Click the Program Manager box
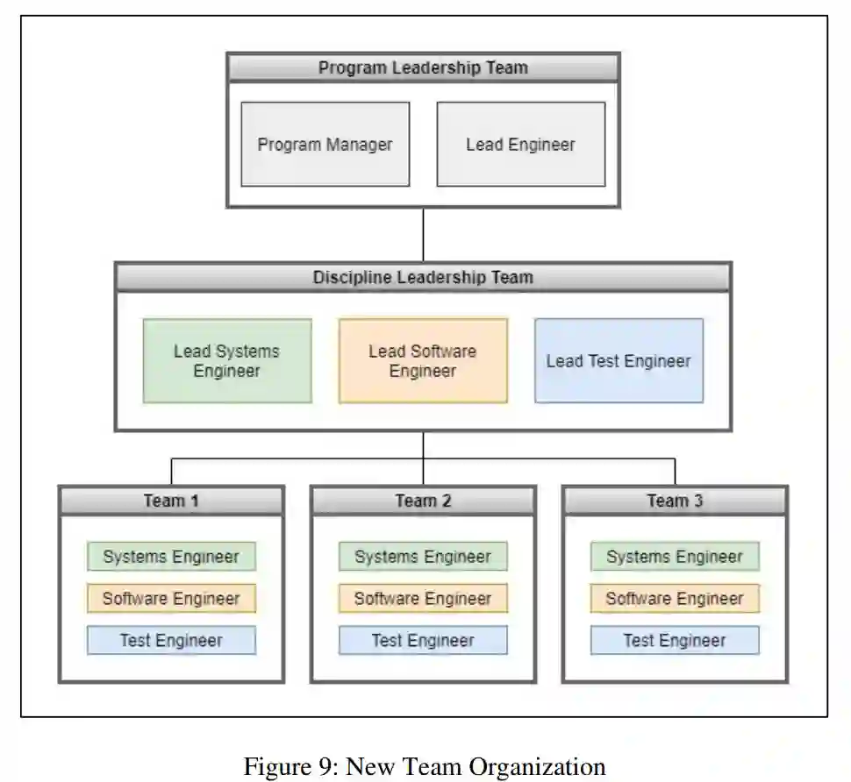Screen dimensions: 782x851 (x=325, y=145)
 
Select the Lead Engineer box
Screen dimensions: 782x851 (x=521, y=145)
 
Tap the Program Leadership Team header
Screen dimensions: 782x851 (x=423, y=68)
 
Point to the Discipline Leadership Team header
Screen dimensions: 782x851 (x=423, y=278)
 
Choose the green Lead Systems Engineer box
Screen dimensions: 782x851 (x=227, y=360)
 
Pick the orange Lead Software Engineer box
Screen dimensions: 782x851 (x=423, y=360)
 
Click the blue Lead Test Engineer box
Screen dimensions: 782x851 (x=619, y=360)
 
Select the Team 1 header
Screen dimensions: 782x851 (x=171, y=501)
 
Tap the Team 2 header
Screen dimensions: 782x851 (x=423, y=501)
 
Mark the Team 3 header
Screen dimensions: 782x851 (x=675, y=501)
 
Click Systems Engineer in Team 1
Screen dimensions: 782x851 (x=171, y=557)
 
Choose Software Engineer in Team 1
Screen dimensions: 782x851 (x=171, y=599)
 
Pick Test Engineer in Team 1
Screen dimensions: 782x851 (x=171, y=641)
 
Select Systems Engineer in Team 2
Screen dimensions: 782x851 (x=423, y=557)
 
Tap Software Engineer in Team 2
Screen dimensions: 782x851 (x=423, y=599)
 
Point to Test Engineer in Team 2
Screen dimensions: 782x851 (x=423, y=641)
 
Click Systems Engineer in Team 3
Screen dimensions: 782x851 (x=675, y=557)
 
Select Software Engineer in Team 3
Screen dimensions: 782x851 (x=675, y=599)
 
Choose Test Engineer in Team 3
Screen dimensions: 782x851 (x=675, y=641)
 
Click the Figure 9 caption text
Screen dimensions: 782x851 (x=425, y=766)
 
